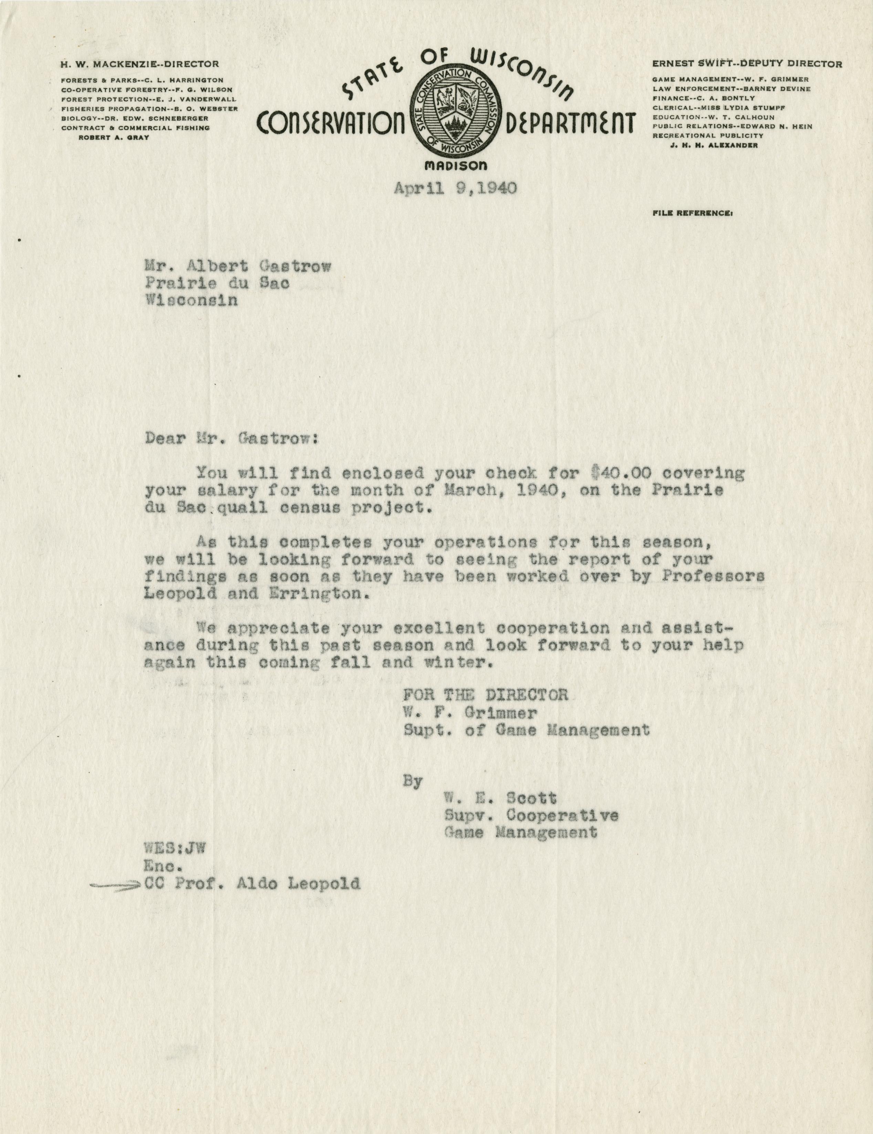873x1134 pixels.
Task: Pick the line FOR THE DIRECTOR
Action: tap(486, 695)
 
